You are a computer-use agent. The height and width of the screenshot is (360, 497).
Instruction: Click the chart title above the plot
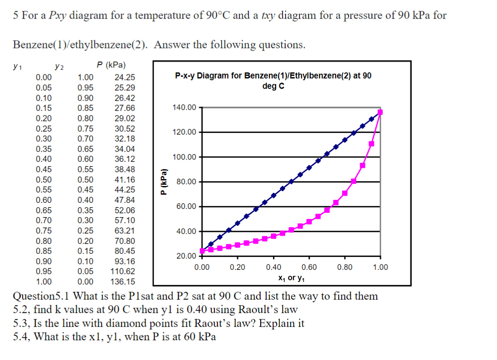tap(273, 80)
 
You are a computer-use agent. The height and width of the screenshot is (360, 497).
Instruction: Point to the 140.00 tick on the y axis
tap(184, 107)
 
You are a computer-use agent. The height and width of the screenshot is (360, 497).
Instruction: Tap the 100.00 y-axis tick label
tap(184, 157)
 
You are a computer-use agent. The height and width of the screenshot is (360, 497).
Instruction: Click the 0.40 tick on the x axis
tap(274, 267)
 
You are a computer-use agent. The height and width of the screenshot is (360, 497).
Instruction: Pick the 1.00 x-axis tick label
tap(380, 267)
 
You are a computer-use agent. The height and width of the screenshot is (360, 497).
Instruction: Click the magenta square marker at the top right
tap(380, 112)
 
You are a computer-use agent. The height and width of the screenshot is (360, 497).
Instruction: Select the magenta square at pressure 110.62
tap(371, 144)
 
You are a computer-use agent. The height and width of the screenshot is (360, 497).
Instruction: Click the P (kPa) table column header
tap(111, 66)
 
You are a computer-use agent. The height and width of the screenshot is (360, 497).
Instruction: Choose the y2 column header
tap(60, 67)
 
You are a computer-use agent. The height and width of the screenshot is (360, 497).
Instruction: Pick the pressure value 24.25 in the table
tap(125, 78)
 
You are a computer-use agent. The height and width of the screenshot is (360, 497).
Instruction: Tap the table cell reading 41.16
tap(125, 180)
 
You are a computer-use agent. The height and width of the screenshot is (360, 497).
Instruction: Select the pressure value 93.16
tap(125, 261)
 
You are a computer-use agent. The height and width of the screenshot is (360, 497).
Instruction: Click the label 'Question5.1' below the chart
tap(42, 297)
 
